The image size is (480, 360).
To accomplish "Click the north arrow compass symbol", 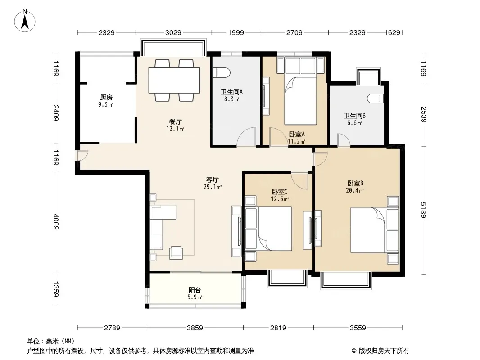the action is pyautogui.click(x=25, y=20).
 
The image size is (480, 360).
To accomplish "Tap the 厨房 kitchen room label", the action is pyautogui.click(x=106, y=97).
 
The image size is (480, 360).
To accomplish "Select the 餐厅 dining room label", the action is pyautogui.click(x=176, y=122).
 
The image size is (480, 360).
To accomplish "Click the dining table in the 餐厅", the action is pyautogui.click(x=174, y=80).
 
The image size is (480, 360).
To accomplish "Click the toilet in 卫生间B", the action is pyautogui.click(x=375, y=99).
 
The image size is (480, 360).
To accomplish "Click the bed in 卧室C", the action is pyautogui.click(x=275, y=229).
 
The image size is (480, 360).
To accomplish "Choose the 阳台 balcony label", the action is pyautogui.click(x=195, y=290).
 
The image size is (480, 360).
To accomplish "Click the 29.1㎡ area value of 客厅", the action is pyautogui.click(x=213, y=187).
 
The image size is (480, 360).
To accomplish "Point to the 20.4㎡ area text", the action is pyautogui.click(x=355, y=190).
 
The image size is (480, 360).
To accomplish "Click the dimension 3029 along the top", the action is pyautogui.click(x=173, y=32).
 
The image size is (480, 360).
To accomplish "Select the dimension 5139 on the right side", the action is pyautogui.click(x=423, y=210).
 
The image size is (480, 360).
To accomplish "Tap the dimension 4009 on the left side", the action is pyautogui.click(x=56, y=221).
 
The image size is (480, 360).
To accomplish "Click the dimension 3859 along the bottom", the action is pyautogui.click(x=195, y=328).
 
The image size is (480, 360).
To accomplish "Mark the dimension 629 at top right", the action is pyautogui.click(x=394, y=32).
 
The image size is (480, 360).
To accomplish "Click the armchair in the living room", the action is pyautogui.click(x=176, y=252).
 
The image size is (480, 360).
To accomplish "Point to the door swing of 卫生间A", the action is pyautogui.click(x=246, y=137).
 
